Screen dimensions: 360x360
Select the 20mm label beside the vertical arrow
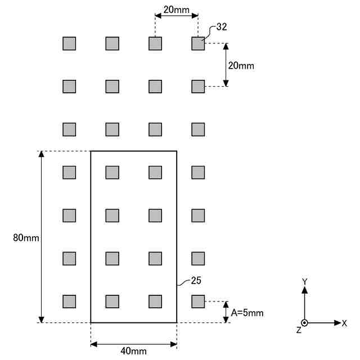241,66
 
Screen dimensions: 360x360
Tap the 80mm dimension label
26,237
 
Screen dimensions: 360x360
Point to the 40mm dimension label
134,352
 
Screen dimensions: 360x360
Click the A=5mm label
247,312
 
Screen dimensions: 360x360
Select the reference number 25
196,280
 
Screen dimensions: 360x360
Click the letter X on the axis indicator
344,323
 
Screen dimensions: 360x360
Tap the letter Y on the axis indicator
304,281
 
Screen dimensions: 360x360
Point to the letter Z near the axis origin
299,330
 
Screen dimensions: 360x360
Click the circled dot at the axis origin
304,323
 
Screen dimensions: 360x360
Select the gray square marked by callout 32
198,43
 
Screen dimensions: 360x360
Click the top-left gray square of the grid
69,43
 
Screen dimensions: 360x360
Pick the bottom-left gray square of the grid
69,301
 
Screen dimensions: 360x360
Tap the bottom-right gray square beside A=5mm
198,301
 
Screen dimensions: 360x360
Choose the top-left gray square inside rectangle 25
112,172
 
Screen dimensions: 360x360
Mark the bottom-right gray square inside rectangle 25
155,301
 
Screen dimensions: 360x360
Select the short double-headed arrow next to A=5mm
226,312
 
